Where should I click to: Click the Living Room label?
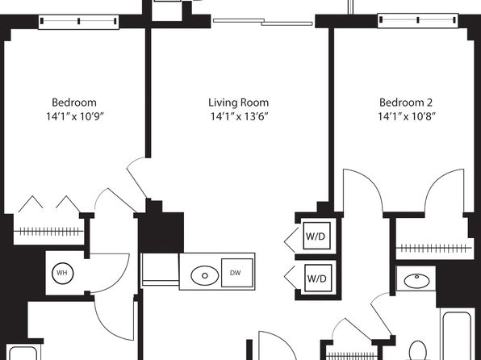238,103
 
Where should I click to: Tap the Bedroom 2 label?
406,103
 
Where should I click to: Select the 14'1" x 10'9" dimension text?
75,116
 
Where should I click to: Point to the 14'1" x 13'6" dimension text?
239,116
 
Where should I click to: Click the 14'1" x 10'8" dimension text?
407,116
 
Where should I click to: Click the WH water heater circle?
63,273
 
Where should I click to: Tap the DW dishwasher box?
237,273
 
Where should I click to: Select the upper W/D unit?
317,236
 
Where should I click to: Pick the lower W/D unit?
318,278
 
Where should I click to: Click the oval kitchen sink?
205,275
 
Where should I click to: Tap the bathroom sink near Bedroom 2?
416,281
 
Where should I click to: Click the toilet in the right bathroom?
418,350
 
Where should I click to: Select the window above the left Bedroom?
78,21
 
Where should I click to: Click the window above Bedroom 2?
417,20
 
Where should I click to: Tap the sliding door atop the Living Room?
263,22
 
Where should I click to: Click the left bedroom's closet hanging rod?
48,232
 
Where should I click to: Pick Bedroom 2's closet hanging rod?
433,248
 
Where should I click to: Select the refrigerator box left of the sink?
161,270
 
